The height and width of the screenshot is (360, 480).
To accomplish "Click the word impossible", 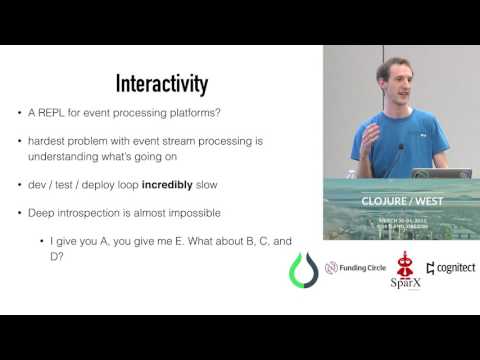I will (x=199, y=212).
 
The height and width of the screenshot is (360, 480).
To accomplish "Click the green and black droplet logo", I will (x=302, y=269).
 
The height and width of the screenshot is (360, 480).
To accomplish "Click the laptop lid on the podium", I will (x=440, y=174).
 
